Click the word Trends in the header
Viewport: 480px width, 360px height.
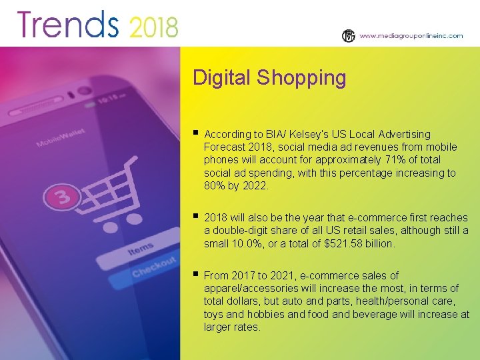point(67,25)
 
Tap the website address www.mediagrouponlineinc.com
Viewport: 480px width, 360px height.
point(411,36)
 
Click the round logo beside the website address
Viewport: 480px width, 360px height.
point(349,36)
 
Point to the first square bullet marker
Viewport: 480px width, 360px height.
point(195,133)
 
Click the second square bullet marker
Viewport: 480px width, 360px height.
point(195,217)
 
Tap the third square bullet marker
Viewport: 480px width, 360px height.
point(195,274)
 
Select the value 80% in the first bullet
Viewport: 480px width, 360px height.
point(216,186)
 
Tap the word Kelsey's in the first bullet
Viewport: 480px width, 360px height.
point(303,134)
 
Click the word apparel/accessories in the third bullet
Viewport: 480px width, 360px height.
point(251,288)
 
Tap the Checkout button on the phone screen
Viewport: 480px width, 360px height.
point(155,267)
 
